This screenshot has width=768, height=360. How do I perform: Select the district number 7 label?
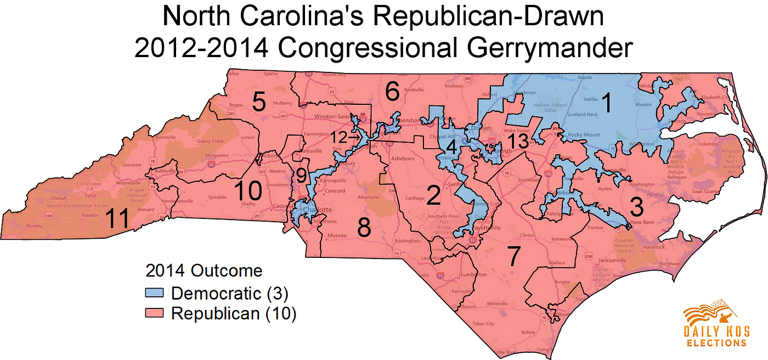(x=513, y=256)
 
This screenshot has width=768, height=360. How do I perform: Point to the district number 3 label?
(x=636, y=207)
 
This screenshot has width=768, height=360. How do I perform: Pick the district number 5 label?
(x=258, y=102)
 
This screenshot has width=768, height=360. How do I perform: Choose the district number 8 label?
(x=364, y=227)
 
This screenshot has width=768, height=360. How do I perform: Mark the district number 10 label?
(x=248, y=192)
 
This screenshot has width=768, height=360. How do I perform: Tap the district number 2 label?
(x=433, y=195)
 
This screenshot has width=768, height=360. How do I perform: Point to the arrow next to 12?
(x=354, y=138)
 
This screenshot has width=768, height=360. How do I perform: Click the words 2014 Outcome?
(x=204, y=271)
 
